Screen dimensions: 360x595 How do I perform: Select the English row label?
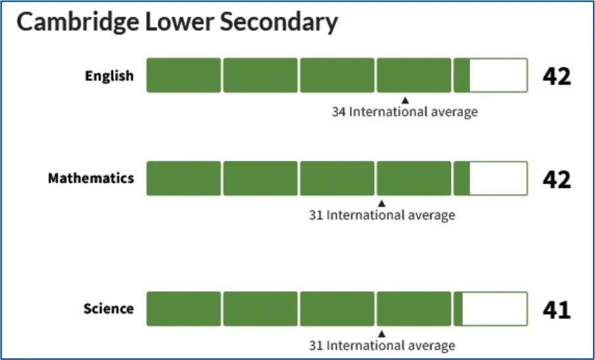109,76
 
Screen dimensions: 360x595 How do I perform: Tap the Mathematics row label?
91,179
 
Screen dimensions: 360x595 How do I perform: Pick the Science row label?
108,309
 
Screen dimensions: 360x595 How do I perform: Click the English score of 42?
557,76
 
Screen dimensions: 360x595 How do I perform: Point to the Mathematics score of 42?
557,179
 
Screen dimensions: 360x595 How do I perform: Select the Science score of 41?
557,309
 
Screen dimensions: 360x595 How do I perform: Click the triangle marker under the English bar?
405,100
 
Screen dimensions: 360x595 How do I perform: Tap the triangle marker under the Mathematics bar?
382,203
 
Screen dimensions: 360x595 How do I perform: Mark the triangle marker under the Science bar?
382,333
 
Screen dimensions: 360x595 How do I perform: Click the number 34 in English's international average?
339,112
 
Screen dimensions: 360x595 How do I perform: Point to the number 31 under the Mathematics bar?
316,215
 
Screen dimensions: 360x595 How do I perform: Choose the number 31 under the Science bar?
316,346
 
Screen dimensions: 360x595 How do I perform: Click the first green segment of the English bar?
183,76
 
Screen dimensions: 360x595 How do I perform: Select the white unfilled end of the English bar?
498,76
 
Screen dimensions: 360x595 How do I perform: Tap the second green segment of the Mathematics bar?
260,179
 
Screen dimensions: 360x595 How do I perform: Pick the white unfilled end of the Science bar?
494,309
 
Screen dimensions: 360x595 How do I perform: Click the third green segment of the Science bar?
337,309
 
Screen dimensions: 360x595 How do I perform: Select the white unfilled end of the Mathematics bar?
498,179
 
